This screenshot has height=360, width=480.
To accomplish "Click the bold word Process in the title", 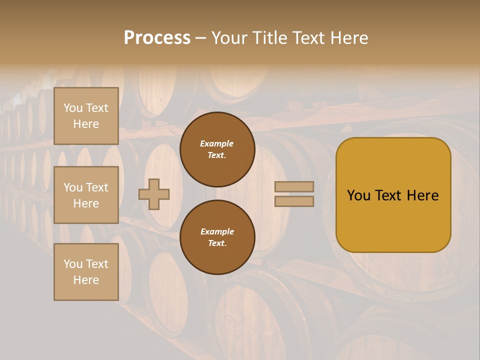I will (x=157, y=38).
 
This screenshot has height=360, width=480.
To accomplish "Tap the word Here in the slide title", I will (x=348, y=38).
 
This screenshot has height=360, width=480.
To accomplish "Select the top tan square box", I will (x=86, y=116).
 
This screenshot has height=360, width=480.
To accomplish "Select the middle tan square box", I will (x=86, y=195).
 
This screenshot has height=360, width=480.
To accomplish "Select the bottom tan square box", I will (x=86, y=272).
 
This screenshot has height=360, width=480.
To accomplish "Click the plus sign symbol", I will (x=154, y=194).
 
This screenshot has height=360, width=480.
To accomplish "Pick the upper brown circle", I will (x=217, y=149).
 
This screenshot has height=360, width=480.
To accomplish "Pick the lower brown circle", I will (x=217, y=237).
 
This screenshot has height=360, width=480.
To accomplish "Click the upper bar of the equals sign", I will (x=294, y=186).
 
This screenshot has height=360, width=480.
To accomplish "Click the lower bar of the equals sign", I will (x=294, y=201).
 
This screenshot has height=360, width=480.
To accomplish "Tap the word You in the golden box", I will (x=358, y=195).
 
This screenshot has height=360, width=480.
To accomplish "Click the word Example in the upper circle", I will (x=217, y=143).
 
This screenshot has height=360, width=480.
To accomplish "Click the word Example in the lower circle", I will (x=217, y=231).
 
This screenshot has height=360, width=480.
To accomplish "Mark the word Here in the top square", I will (x=86, y=124).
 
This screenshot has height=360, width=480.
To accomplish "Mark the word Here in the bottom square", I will (x=86, y=280).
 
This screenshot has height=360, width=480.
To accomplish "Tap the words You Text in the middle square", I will (x=86, y=187).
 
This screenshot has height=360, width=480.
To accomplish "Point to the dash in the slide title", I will (x=201, y=38).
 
